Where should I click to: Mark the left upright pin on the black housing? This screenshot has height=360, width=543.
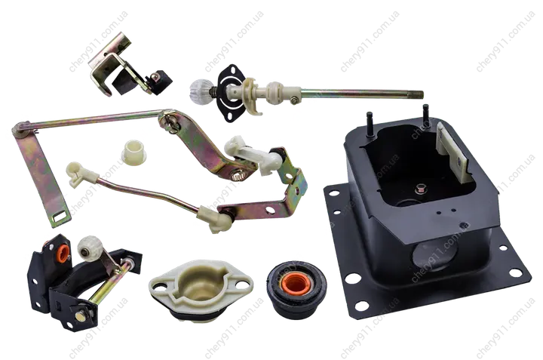tap(370, 124)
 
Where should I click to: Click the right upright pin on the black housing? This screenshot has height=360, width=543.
tap(426, 115)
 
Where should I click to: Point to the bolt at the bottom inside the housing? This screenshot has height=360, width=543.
tap(421, 189)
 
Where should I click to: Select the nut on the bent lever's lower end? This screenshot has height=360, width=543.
tap(238, 176)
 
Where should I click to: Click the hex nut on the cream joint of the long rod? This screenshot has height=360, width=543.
tap(293, 100)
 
